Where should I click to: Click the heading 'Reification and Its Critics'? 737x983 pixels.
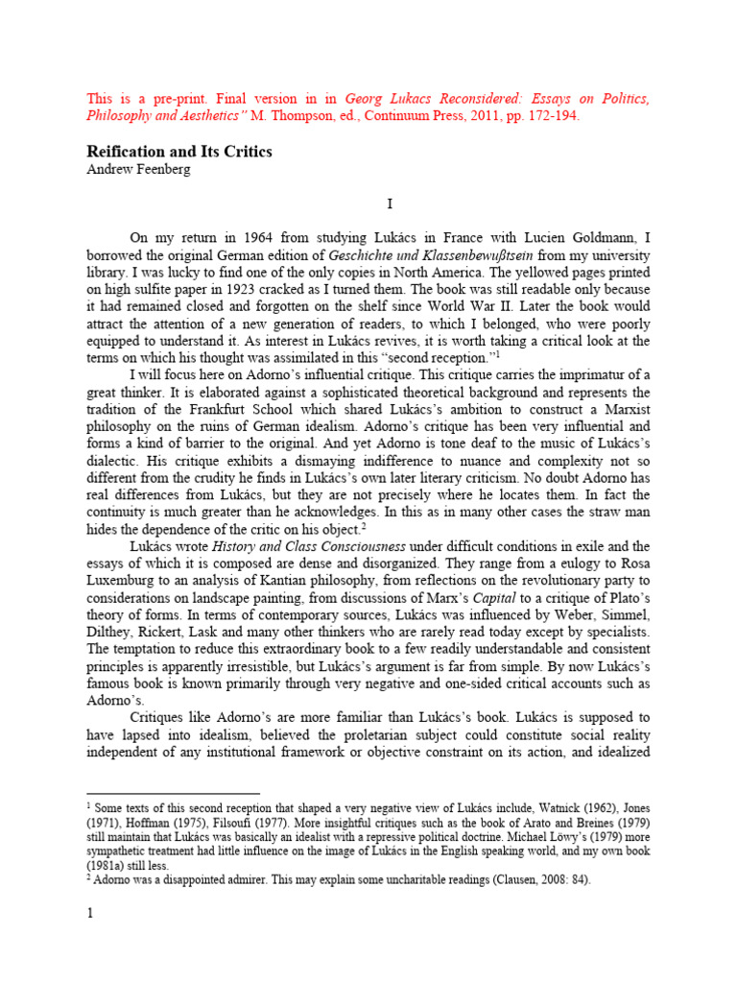(180, 152)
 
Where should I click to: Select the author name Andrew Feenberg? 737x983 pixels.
(140, 169)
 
